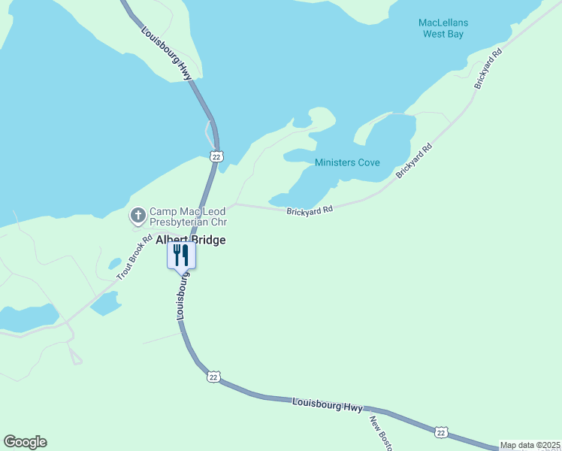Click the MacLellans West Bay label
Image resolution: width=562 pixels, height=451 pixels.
(x=443, y=28)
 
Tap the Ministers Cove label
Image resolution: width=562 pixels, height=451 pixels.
(x=347, y=162)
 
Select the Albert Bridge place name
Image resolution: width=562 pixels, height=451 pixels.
(x=190, y=240)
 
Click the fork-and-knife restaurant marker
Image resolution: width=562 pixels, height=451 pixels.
(x=181, y=255)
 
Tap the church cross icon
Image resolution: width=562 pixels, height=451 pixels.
(x=138, y=216)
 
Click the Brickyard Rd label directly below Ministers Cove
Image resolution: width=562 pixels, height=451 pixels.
(x=309, y=211)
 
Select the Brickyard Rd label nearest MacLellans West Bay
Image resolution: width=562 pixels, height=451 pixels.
(x=488, y=71)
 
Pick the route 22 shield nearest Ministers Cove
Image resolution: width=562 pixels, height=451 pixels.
(x=216, y=156)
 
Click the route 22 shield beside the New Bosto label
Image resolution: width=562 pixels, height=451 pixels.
(x=440, y=431)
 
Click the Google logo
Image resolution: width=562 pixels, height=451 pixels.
(x=25, y=442)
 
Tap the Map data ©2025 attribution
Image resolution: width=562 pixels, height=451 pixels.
(x=530, y=445)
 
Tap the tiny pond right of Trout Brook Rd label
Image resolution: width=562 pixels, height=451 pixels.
(x=114, y=264)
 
